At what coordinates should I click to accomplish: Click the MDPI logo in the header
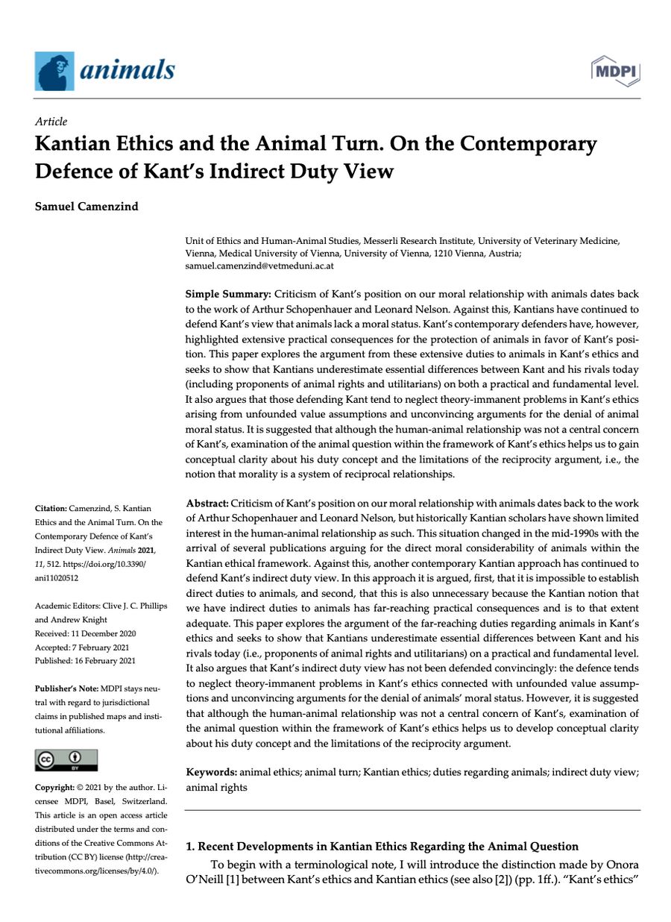[616, 71]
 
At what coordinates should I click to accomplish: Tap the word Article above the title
[51, 122]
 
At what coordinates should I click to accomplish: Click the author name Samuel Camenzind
[86, 207]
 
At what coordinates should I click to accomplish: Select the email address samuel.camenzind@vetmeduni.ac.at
[259, 266]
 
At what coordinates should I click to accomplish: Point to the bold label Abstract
[207, 504]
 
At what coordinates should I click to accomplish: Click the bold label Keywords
[211, 771]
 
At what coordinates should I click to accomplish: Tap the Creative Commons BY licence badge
[66, 760]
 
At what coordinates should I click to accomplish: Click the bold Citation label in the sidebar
[51, 508]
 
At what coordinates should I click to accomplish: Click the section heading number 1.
[189, 846]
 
